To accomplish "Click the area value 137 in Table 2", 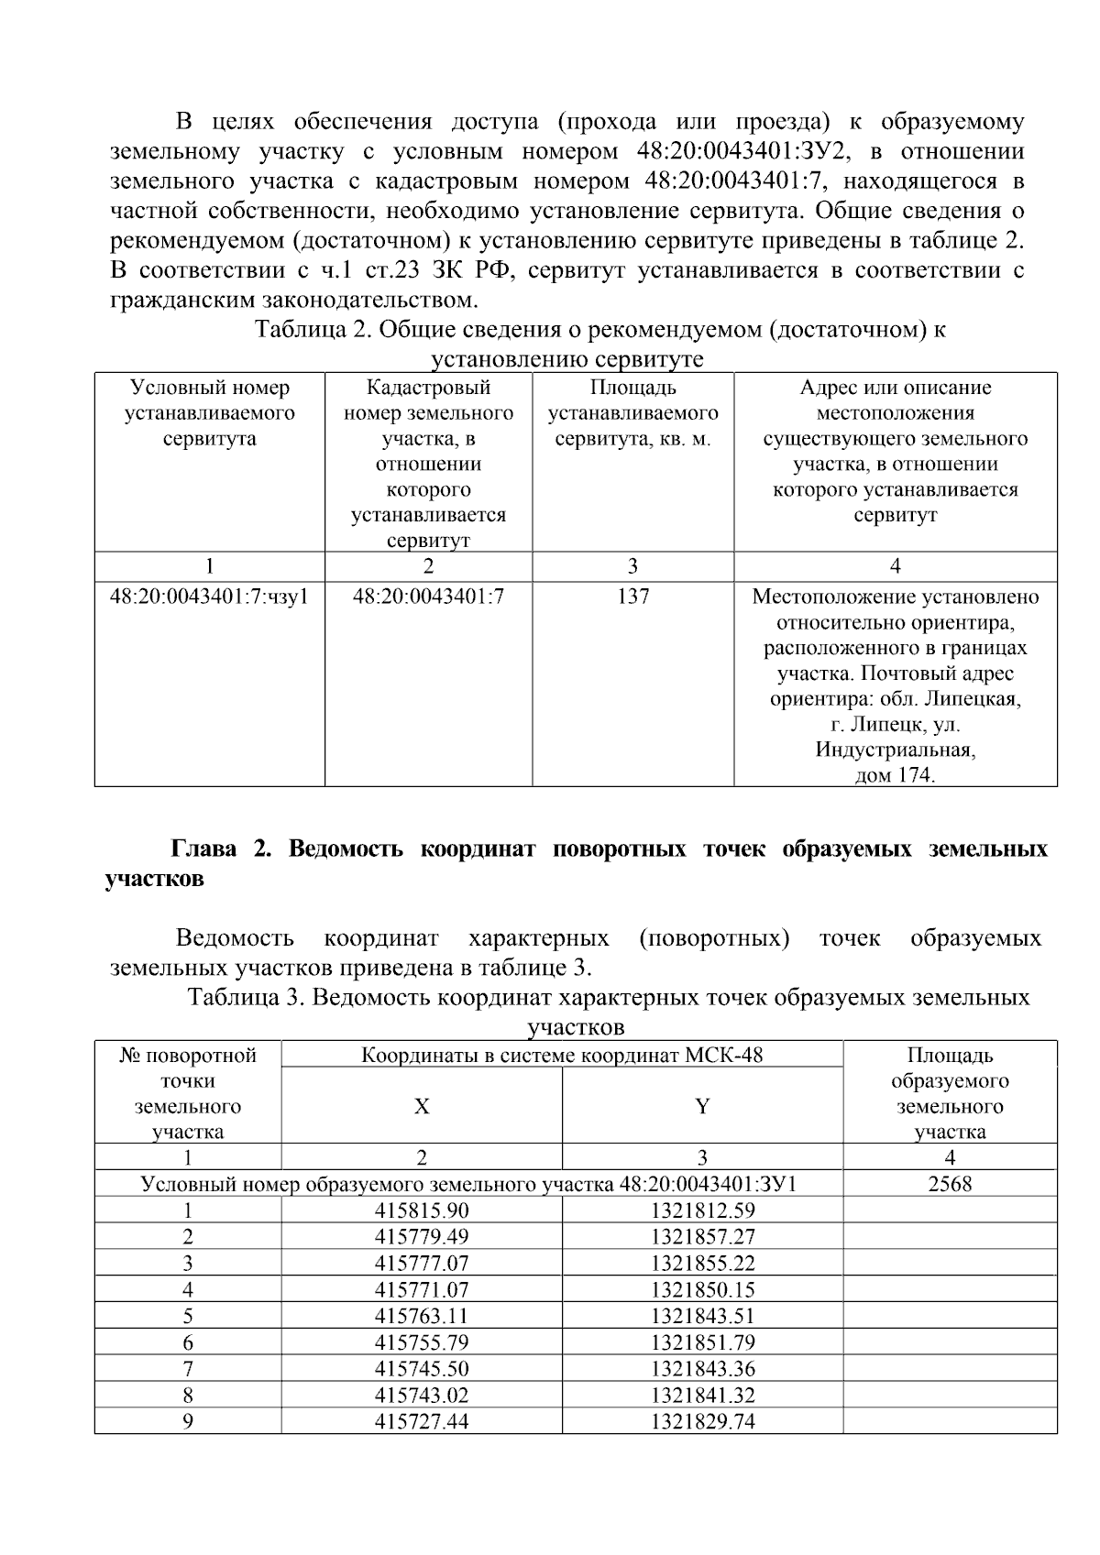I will [x=632, y=597].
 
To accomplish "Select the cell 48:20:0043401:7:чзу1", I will [x=209, y=597].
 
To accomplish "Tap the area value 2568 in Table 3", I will [x=950, y=1184].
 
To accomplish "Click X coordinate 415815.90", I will [x=421, y=1210].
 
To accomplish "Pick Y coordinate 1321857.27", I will [x=702, y=1237].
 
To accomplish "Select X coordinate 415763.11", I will [x=421, y=1316].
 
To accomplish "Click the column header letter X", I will [x=421, y=1106].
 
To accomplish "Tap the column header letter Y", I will [x=702, y=1106].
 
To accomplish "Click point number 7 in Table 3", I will [x=188, y=1369].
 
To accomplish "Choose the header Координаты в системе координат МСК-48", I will [x=561, y=1055].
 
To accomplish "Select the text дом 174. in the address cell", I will [x=895, y=775].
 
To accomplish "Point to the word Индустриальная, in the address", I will [x=895, y=750].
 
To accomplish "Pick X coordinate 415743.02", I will [x=421, y=1396].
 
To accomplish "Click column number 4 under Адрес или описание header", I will [x=895, y=565].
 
